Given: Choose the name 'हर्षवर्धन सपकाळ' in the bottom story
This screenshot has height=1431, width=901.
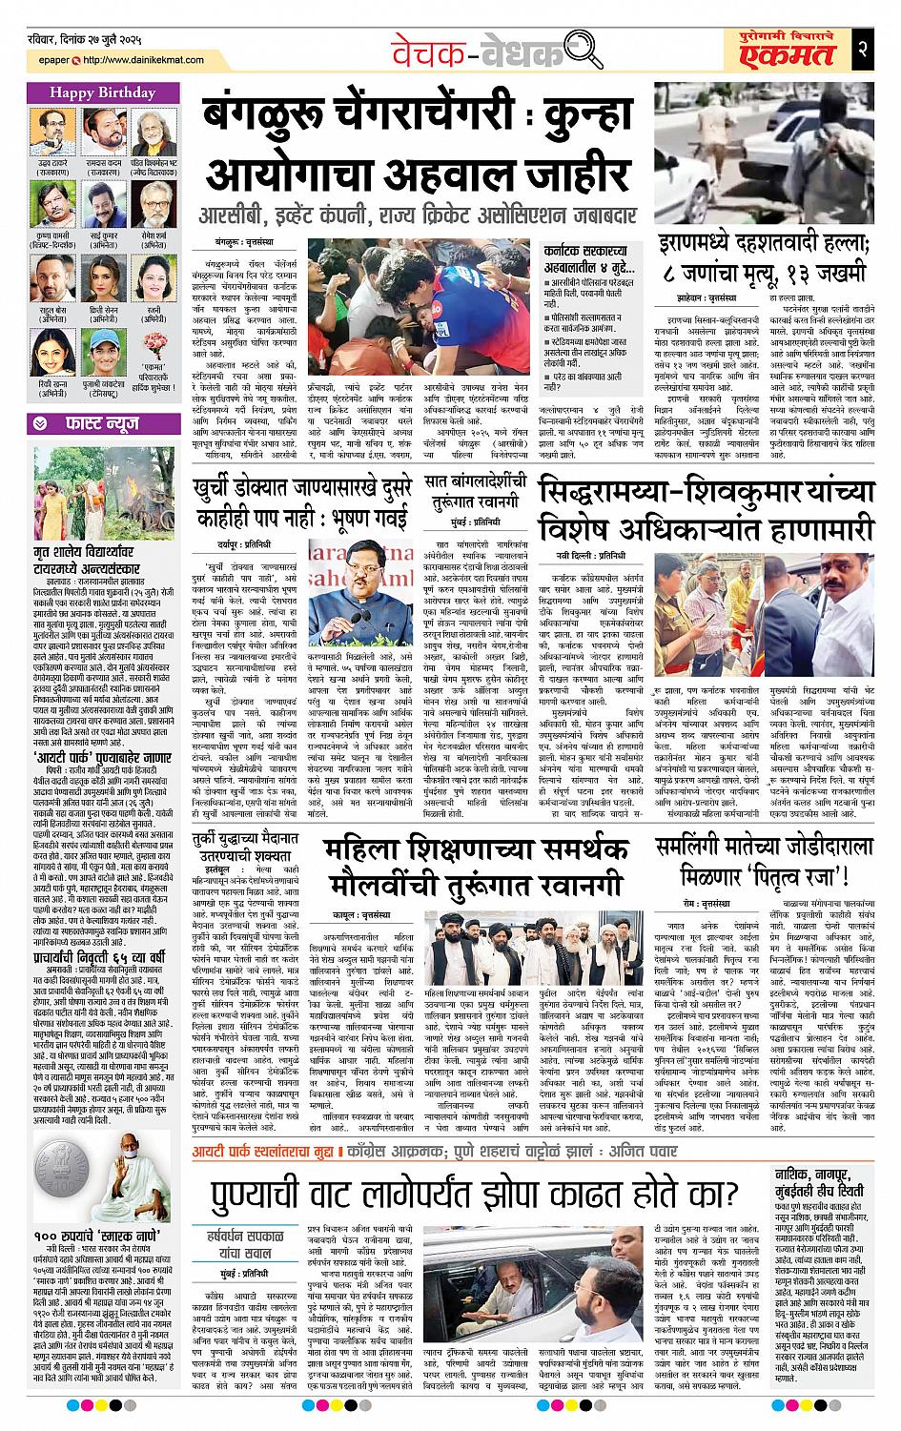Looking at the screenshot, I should pyautogui.click(x=240, y=1233).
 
